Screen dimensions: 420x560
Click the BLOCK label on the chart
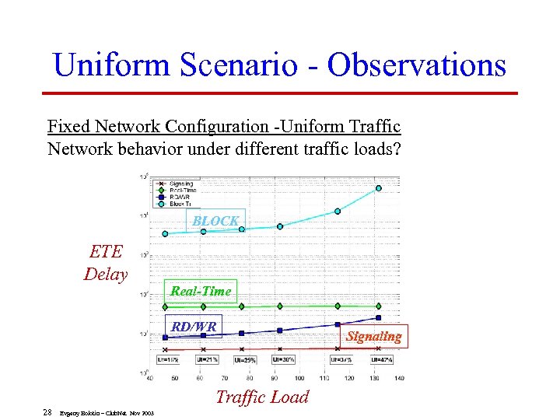(216, 221)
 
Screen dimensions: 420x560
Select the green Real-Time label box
(201, 291)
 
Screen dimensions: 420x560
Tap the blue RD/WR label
(194, 327)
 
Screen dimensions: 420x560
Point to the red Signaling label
(373, 336)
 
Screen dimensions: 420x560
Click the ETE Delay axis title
(106, 262)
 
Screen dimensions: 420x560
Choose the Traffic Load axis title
(262, 397)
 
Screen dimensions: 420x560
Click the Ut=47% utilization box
(381, 360)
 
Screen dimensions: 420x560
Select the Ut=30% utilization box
(283, 360)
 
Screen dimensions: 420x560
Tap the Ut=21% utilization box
(208, 360)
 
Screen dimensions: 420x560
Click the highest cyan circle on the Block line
(379, 187)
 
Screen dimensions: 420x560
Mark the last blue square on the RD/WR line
(379, 317)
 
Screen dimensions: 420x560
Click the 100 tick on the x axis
(299, 378)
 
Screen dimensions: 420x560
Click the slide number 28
(47, 411)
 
